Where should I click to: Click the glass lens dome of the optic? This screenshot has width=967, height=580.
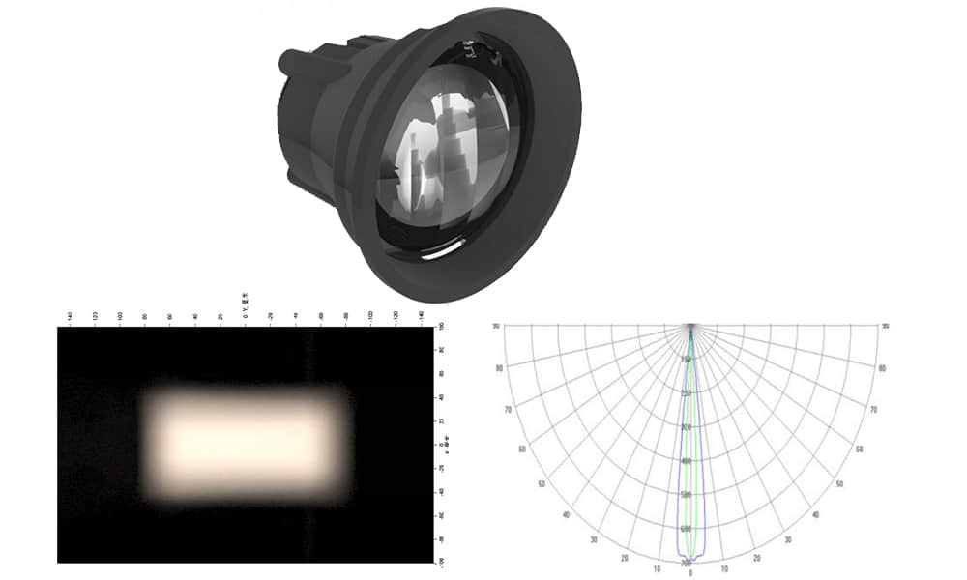click(x=445, y=155)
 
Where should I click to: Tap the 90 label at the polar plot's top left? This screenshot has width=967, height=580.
click(x=496, y=326)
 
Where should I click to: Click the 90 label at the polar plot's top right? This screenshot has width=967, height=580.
click(x=885, y=326)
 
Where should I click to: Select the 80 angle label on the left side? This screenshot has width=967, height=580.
click(x=499, y=368)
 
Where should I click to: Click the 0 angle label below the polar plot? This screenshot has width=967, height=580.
click(x=690, y=573)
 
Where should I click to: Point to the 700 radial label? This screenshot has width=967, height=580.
click(x=686, y=563)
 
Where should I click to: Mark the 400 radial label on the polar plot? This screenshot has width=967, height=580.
click(x=688, y=461)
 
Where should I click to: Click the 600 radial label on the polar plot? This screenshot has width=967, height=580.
click(x=687, y=529)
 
